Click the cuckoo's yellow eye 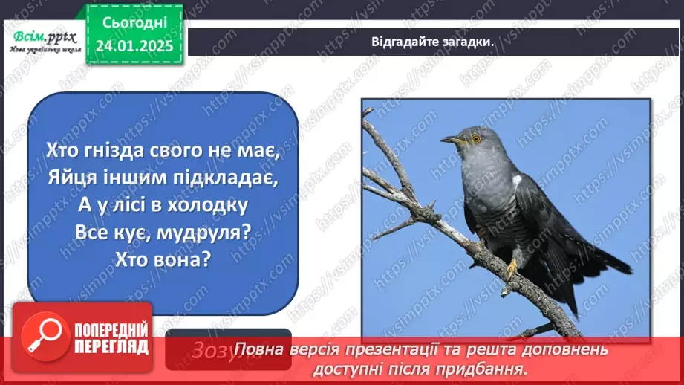(475, 137)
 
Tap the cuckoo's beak (450, 139)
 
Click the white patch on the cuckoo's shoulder (517, 180)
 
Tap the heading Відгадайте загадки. (433, 41)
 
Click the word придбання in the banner (490, 368)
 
